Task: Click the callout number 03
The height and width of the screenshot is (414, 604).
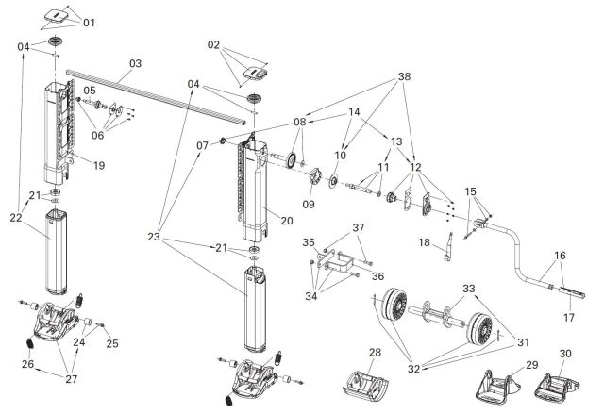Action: click(x=135, y=63)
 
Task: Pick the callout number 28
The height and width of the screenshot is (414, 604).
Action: click(x=375, y=352)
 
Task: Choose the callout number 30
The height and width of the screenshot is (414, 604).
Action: click(x=566, y=354)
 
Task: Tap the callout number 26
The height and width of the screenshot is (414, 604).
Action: click(x=28, y=363)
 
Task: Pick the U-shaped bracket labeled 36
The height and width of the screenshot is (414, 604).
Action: click(x=344, y=263)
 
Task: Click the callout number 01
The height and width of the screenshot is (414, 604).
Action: click(x=89, y=21)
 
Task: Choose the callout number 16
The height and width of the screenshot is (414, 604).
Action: click(x=561, y=255)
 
